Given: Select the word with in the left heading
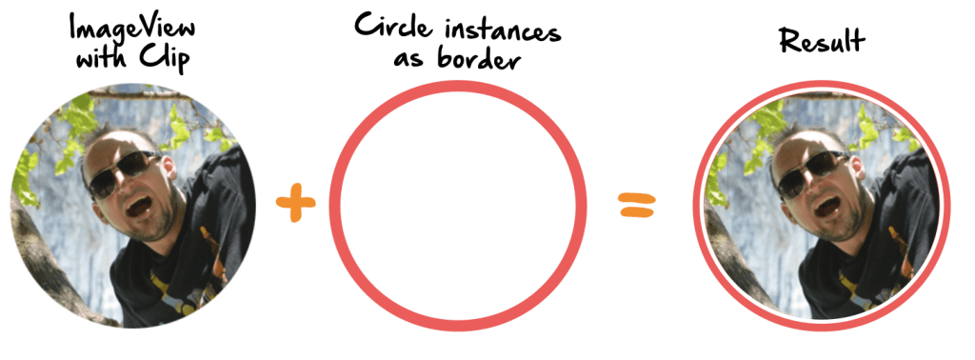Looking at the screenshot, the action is click(101, 59).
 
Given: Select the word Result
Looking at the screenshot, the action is click(823, 40).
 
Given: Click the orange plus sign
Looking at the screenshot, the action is click(295, 204).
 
